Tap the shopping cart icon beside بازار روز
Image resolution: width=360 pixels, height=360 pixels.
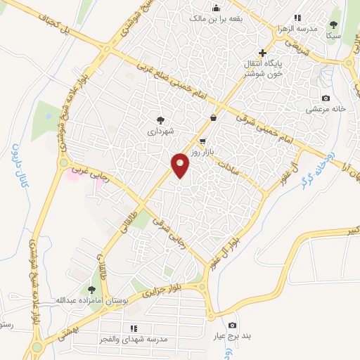203,141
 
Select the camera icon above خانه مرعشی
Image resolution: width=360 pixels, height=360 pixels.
325,98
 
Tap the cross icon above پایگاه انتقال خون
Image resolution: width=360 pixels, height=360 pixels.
263,53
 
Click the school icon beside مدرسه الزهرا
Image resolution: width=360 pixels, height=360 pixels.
298,18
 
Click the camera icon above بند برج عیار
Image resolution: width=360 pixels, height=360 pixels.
233,325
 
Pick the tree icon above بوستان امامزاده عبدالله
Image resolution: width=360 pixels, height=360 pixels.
91,290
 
